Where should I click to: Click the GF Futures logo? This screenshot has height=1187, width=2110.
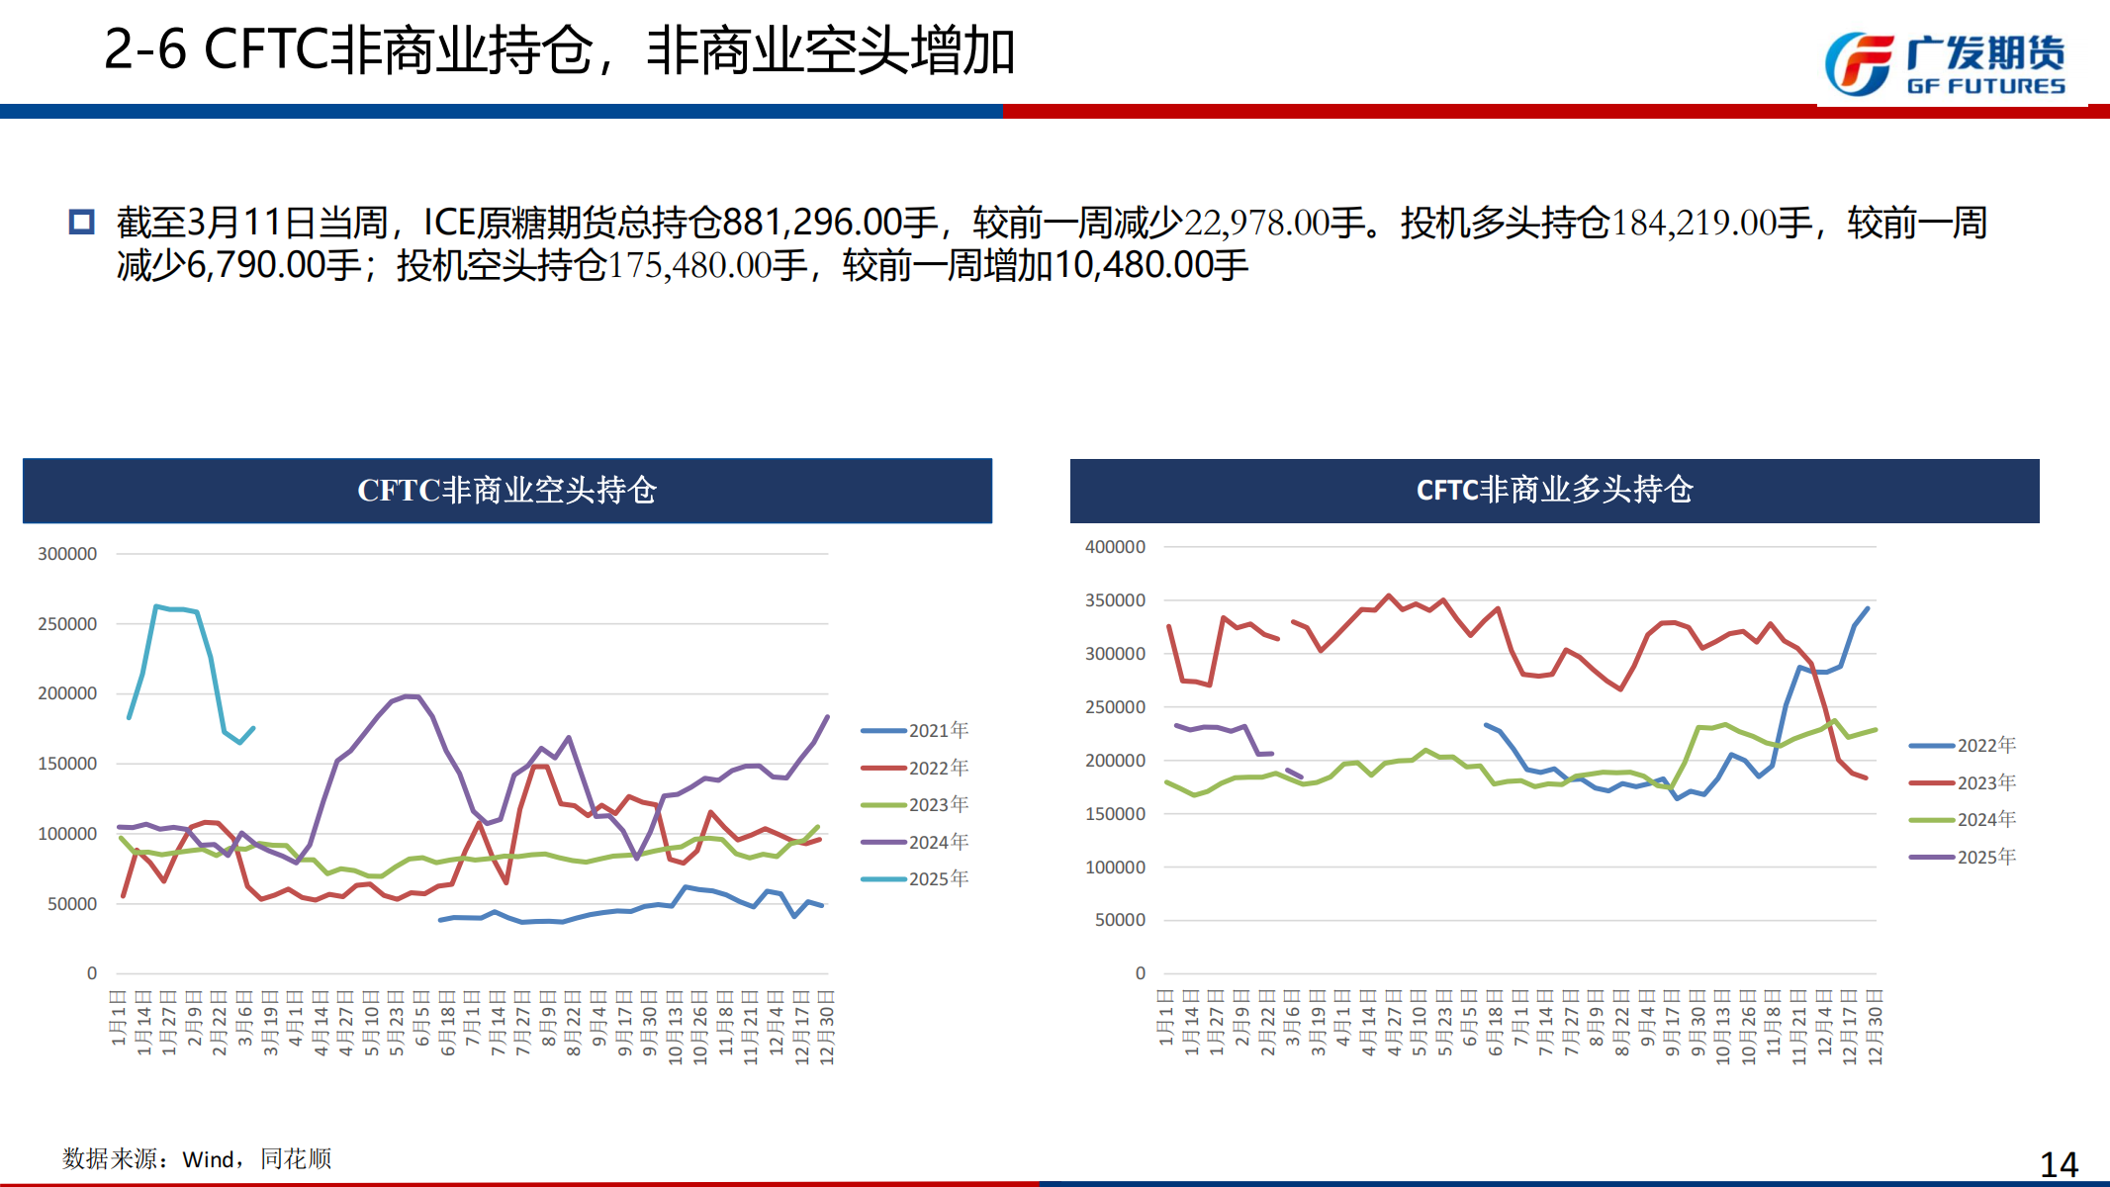[1944, 64]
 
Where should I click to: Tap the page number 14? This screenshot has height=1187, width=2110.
[2059, 1164]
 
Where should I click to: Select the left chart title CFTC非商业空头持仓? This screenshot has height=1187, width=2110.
[506, 491]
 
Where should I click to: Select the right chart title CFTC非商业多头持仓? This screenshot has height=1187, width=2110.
[1554, 491]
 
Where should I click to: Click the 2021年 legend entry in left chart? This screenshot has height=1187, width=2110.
[938, 731]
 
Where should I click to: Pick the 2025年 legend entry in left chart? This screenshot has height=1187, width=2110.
[938, 879]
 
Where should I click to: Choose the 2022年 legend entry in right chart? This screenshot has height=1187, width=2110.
[1985, 746]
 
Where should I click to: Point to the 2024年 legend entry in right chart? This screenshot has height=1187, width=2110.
[1985, 820]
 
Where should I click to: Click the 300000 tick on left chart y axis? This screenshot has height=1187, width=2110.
[67, 554]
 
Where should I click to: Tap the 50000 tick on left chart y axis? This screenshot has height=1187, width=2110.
[72, 904]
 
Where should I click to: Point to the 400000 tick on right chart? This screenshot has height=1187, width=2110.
[1115, 547]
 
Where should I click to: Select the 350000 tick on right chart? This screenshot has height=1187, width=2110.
[1115, 600]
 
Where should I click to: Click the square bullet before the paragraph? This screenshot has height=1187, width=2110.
[81, 223]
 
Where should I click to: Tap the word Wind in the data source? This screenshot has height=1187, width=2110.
[208, 1159]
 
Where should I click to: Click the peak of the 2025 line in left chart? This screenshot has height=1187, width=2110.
[156, 606]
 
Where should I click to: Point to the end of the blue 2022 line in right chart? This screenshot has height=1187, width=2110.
[1868, 608]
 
